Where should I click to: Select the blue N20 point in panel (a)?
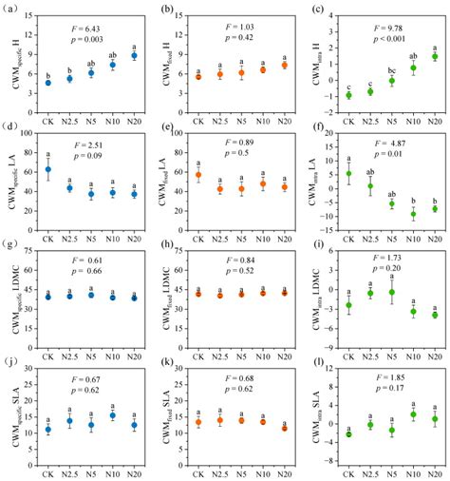click(x=134, y=56)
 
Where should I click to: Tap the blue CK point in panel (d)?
click(x=47, y=170)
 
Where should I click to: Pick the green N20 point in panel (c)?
click(x=435, y=57)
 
